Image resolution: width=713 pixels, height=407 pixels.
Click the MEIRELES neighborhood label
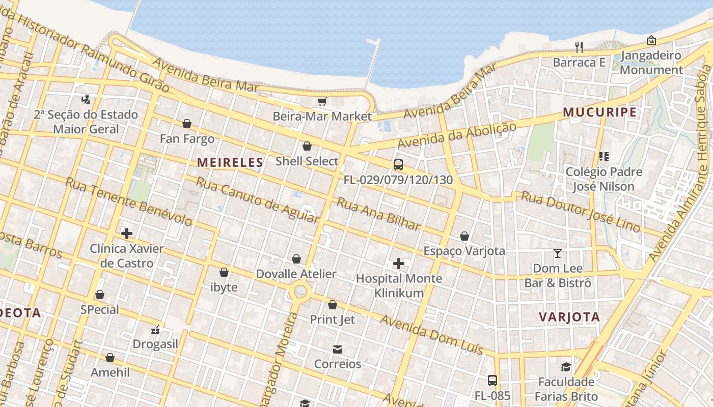pos(230,162)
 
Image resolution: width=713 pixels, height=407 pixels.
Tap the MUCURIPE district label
pos(599,112)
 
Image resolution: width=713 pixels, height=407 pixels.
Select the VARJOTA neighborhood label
pos(569,317)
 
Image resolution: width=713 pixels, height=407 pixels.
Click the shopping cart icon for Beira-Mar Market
pos(322,102)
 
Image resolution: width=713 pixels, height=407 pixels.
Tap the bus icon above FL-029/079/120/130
pos(398,165)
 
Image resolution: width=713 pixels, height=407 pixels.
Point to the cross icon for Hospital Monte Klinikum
pos(399,264)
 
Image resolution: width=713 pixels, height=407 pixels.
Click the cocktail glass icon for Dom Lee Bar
pos(558,253)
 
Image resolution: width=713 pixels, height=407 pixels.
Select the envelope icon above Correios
pos(337,350)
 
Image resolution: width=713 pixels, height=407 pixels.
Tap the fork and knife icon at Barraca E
pos(579,47)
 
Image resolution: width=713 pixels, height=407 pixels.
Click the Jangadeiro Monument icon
pos(651,40)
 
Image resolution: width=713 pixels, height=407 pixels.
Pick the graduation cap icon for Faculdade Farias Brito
pos(566,367)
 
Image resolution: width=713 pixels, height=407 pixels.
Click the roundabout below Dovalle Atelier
pos(300,292)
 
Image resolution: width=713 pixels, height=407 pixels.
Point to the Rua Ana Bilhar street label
pos(378,214)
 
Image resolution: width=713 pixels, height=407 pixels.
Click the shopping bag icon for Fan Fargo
pos(187,124)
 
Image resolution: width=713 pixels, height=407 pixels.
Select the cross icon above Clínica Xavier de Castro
pos(127,234)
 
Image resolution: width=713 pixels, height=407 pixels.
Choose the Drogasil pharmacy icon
pos(155,330)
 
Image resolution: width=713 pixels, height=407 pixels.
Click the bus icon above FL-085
pos(492,380)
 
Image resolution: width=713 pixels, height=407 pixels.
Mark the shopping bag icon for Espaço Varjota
pos(464,236)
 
